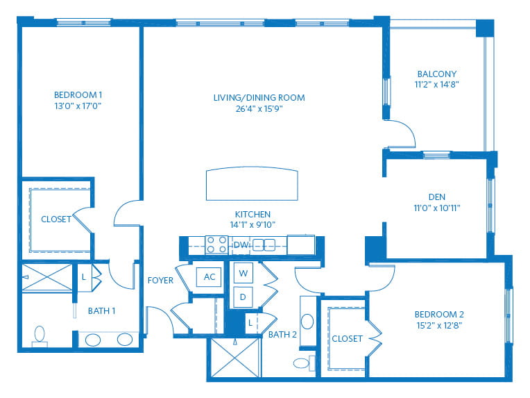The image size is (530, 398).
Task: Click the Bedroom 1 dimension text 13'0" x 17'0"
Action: pos(78,106)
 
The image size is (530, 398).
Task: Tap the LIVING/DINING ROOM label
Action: pos(259,98)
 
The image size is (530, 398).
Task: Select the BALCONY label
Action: pos(437,74)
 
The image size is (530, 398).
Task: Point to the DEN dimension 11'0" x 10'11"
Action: pos(437,208)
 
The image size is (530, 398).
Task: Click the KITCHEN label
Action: pos(253,214)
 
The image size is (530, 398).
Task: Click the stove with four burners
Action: pos(216,244)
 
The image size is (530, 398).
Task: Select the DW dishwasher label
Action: pos(241,244)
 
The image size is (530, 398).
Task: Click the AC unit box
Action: pos(210,277)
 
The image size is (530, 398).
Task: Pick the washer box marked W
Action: pos(243,273)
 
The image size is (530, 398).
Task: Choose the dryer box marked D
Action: pos(243,297)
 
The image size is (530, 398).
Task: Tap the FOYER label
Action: pos(160,280)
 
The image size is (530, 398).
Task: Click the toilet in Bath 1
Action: pos(40,336)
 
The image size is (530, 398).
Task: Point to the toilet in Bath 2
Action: pos(304,363)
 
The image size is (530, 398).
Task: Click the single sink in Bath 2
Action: pos(307,322)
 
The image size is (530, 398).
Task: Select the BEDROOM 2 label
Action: pos(439,315)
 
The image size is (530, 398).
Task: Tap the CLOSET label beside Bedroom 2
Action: pos(347,339)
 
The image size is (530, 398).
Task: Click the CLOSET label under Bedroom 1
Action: pos(56,219)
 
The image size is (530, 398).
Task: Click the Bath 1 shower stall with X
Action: pos(47,277)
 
